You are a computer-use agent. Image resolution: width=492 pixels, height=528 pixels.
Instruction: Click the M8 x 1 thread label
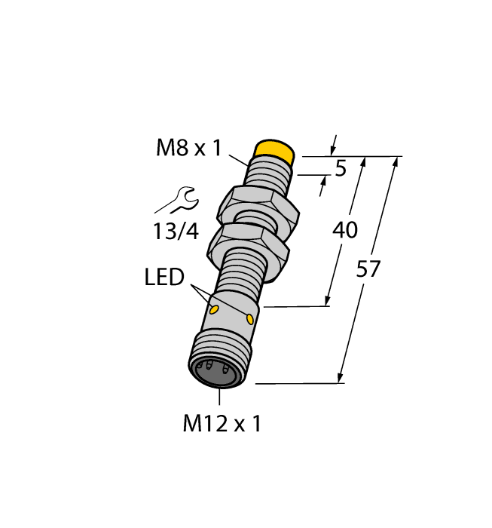188,148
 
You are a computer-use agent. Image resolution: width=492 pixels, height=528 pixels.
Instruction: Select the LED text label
164,278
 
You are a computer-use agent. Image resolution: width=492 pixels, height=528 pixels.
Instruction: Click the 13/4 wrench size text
176,232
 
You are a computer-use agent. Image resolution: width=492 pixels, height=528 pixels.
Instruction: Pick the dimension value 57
368,269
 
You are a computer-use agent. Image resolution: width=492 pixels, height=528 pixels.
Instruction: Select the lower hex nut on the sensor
249,244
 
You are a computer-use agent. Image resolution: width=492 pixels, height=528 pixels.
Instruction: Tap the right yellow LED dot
251,319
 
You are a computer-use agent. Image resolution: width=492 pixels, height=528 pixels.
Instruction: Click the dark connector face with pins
218,370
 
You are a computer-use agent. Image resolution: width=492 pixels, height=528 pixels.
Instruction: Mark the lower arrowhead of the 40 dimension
329,301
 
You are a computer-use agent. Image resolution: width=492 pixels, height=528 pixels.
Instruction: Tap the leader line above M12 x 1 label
219,398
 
